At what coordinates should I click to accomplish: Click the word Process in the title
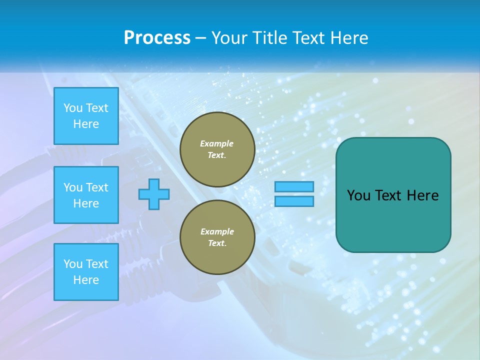tap(157, 38)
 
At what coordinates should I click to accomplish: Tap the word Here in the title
tap(348, 38)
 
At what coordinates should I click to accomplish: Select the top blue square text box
tap(86, 116)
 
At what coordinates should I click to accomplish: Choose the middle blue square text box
tap(86, 195)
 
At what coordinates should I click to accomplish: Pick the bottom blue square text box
tap(86, 272)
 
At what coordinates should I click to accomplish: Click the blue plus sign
tap(154, 194)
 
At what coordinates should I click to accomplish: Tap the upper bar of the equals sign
tap(294, 186)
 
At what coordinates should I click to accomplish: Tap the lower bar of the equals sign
tap(294, 201)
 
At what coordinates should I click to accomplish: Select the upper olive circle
tap(217, 149)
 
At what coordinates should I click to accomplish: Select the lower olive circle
tap(217, 237)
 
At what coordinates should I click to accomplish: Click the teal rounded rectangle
tap(393, 195)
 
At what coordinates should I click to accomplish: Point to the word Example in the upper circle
tap(217, 143)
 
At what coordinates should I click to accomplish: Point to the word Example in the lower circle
tap(217, 231)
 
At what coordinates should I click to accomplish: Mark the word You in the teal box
tap(358, 195)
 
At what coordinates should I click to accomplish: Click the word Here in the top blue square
tap(86, 124)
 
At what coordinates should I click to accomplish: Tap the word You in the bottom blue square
tap(73, 264)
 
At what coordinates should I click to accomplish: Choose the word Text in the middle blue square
tap(97, 187)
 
